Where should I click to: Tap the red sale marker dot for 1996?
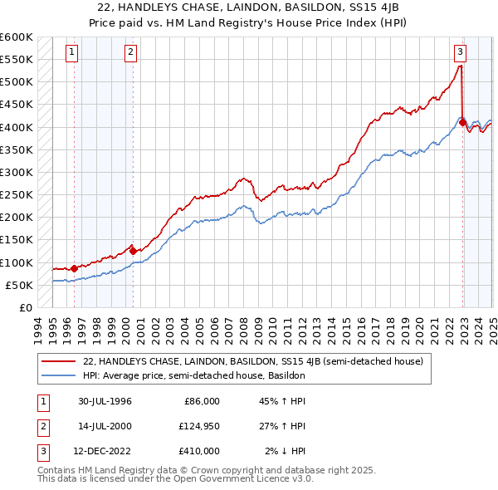click(75, 268)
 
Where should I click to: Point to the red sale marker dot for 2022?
click(462, 123)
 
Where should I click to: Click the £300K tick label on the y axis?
click(17, 172)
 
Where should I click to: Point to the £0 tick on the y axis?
click(26, 307)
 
